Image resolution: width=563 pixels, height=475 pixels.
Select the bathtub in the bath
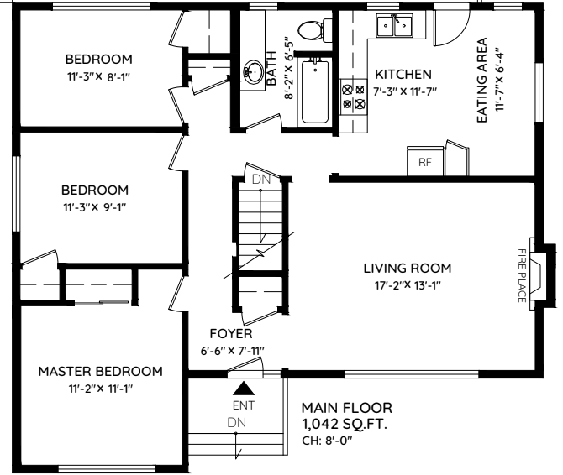(x=316, y=91)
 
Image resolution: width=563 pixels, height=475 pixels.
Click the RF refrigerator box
(x=424, y=161)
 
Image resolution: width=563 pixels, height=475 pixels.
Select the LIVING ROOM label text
(x=407, y=269)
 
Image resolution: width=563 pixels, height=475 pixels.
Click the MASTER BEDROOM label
(x=100, y=371)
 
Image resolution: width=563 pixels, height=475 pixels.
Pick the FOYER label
(x=231, y=333)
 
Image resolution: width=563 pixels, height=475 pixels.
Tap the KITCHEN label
(x=403, y=74)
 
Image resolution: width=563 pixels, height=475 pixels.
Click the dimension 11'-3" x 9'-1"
(x=97, y=206)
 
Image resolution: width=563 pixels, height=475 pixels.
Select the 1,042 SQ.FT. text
(x=345, y=425)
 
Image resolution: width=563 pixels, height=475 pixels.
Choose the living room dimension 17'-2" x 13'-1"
(x=407, y=285)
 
